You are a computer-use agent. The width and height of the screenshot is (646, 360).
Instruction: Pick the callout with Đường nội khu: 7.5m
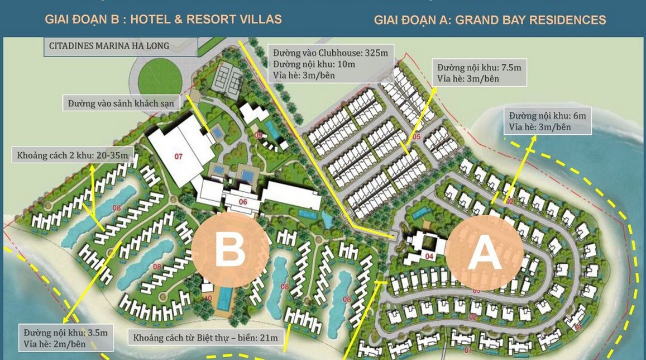(x=480, y=73)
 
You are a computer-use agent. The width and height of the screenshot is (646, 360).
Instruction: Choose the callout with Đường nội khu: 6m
(x=547, y=121)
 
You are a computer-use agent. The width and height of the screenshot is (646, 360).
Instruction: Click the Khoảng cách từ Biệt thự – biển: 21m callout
(x=204, y=338)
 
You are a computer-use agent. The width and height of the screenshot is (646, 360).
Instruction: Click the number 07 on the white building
(x=179, y=157)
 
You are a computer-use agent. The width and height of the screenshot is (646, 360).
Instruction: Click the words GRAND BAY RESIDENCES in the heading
(x=530, y=20)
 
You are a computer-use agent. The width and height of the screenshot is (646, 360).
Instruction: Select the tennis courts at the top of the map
(x=227, y=72)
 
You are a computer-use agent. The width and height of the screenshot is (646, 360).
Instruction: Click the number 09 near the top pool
(x=258, y=135)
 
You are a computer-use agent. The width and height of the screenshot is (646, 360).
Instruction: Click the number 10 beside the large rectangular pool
(x=208, y=298)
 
